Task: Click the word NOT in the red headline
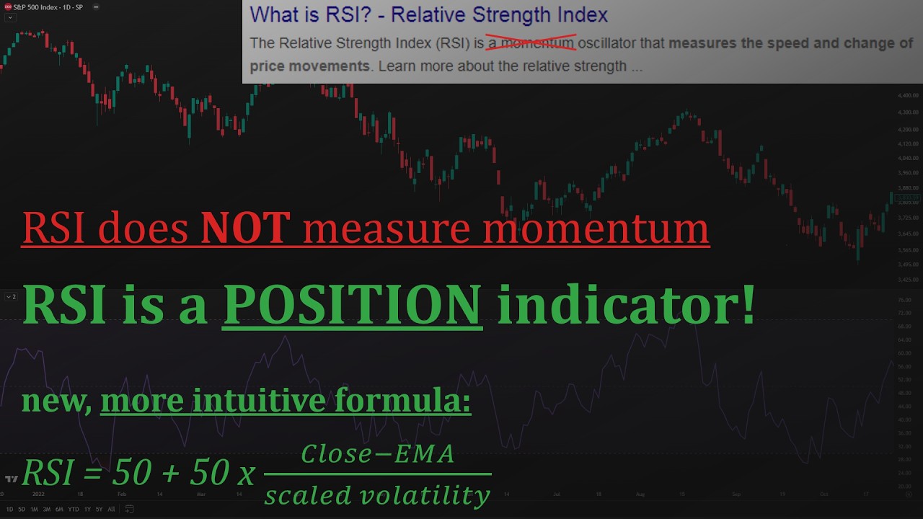tap(245, 228)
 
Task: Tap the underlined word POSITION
tap(352, 304)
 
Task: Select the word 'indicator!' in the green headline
tap(626, 304)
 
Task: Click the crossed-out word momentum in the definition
tap(537, 43)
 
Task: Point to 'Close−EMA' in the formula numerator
tap(377, 454)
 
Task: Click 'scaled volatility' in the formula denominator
tap(377, 495)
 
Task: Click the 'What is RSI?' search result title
tap(428, 14)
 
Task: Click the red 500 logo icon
tap(8, 6)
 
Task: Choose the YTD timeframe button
tap(73, 509)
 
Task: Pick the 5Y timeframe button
tap(98, 509)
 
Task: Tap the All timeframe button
tap(111, 509)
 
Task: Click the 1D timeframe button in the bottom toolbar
tap(10, 509)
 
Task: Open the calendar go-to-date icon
tap(130, 509)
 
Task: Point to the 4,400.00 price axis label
tap(908, 95)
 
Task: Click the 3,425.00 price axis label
tap(908, 280)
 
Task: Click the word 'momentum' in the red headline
tap(596, 228)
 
